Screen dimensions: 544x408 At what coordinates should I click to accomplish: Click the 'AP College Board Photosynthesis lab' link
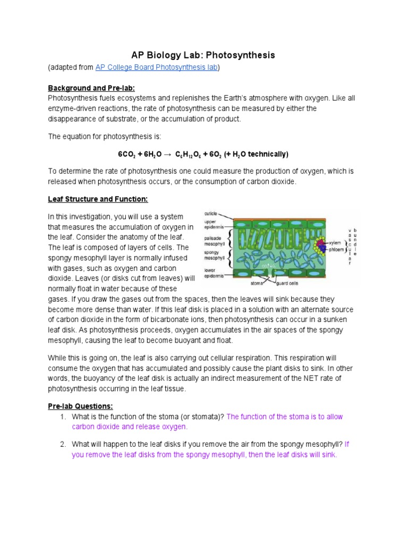[x=157, y=67]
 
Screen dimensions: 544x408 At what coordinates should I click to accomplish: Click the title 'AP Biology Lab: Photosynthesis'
[x=203, y=55]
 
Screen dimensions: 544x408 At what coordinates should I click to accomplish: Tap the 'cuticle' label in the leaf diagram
[x=211, y=213]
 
